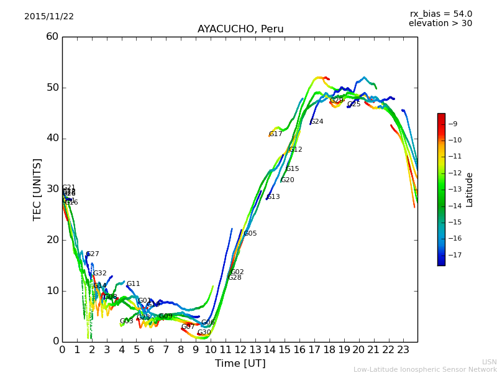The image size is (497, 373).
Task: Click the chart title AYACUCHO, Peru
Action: tap(240, 29)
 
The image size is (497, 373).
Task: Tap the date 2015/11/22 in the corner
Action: tap(49, 17)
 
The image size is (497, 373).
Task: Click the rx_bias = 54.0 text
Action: tap(441, 14)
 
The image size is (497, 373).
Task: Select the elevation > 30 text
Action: tap(440, 24)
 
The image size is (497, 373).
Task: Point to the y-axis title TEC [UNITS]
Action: tap(37, 189)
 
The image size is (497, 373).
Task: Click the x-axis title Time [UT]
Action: tap(240, 364)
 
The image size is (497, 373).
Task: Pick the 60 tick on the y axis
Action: tap(52, 37)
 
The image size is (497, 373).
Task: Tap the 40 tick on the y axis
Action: tap(52, 138)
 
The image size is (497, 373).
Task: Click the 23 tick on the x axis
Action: tap(403, 350)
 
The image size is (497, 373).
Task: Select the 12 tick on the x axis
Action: tap(240, 350)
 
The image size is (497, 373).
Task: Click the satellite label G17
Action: tap(276, 134)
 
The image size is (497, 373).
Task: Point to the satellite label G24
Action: tap(317, 122)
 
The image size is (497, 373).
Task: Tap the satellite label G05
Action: tap(250, 234)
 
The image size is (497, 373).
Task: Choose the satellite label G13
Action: tap(273, 197)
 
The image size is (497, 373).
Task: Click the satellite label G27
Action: tap(93, 254)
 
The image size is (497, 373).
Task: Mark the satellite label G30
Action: tap(204, 333)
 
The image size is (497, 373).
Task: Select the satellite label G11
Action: tap(134, 284)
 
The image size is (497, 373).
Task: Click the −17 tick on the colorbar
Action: tap(453, 255)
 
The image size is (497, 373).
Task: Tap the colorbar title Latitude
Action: tap(470, 190)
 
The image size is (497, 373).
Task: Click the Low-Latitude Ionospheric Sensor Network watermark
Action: tap(425, 369)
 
